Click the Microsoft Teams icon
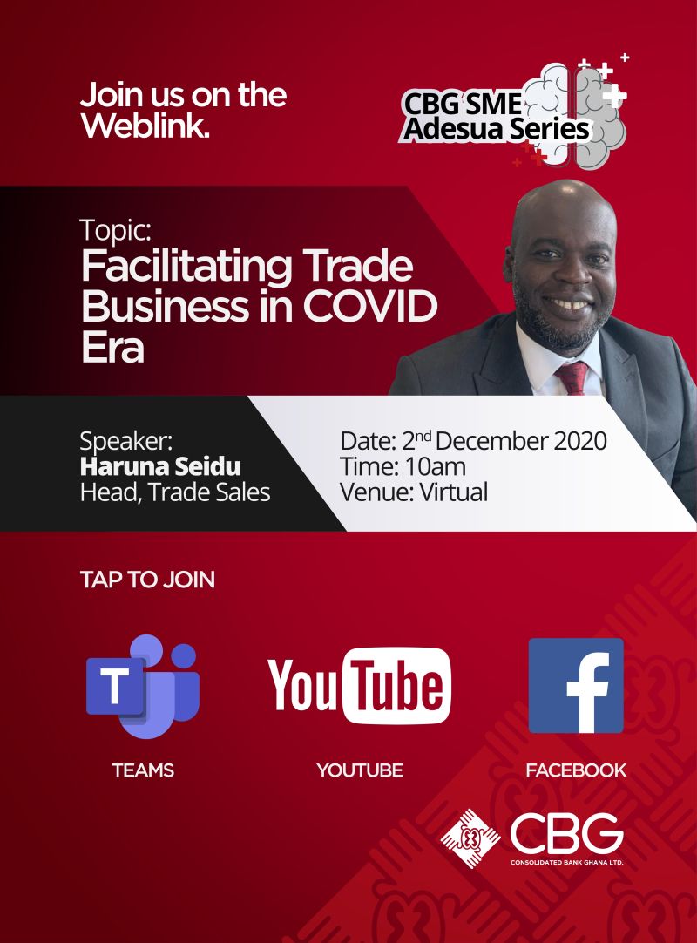pos(143,686)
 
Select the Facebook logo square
pos(576,686)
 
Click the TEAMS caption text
pos(143,770)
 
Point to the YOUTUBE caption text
pos(360,770)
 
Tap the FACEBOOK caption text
pos(576,770)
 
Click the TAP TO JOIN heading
pos(147,580)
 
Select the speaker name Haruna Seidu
pos(160,466)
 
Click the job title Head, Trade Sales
pos(175,492)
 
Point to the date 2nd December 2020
pos(504,441)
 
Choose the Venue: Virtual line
pos(414,492)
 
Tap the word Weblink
pos(145,126)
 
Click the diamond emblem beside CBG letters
pos(470,838)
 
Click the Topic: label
pos(116,230)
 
